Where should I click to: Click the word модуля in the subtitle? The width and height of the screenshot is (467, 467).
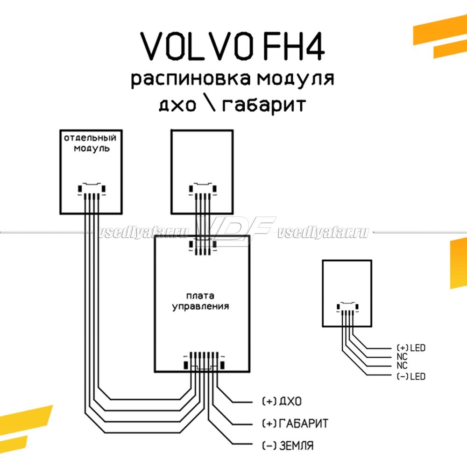[295, 79]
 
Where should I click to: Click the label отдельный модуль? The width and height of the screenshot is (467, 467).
[90, 143]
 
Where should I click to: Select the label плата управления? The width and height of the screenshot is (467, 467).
[200, 302]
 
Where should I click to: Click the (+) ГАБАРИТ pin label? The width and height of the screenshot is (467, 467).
[295, 424]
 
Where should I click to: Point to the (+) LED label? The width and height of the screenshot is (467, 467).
[411, 348]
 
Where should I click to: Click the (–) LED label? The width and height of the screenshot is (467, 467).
[411, 376]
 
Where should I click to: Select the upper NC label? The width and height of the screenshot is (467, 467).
[402, 357]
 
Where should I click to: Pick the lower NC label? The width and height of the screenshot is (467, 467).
[402, 366]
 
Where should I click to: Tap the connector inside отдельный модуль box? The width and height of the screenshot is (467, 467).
[92, 190]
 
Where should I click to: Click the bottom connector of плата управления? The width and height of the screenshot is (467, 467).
[205, 362]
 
